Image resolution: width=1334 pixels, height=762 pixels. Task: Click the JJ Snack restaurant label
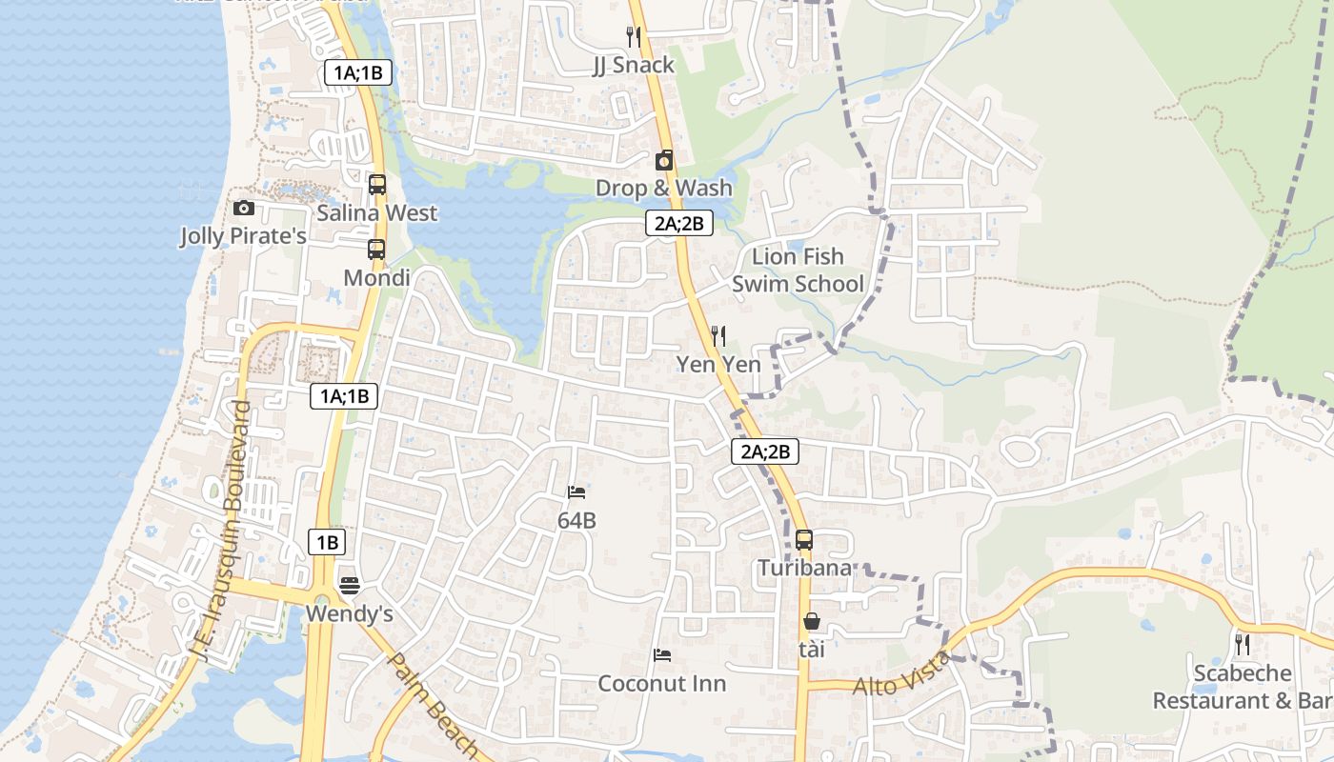click(x=633, y=65)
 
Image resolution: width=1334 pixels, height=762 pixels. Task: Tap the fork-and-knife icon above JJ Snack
click(x=633, y=36)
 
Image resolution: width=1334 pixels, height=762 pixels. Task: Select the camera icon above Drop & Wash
click(x=664, y=160)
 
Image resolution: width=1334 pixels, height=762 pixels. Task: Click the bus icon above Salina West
click(x=377, y=185)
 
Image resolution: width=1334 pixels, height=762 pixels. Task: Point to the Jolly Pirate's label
click(x=244, y=235)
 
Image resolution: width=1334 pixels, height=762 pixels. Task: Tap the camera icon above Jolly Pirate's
click(x=244, y=208)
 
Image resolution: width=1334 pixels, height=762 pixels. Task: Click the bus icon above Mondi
click(x=376, y=251)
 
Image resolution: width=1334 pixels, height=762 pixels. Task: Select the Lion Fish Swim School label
click(x=798, y=270)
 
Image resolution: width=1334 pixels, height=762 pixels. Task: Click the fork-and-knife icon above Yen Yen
click(x=718, y=335)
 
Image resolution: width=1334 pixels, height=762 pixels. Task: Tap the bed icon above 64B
click(x=576, y=492)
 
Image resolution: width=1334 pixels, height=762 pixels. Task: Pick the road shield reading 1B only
click(x=327, y=543)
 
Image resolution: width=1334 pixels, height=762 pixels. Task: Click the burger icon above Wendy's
click(x=349, y=586)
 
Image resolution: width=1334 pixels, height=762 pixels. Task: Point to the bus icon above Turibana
click(x=804, y=540)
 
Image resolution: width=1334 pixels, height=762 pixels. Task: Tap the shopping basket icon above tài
click(x=812, y=622)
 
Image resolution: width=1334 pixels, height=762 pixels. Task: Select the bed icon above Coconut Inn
click(x=662, y=655)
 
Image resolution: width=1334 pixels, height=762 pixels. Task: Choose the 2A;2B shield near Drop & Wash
click(x=678, y=224)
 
